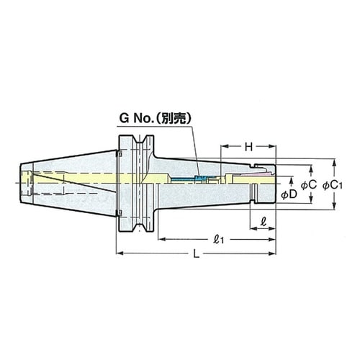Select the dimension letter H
click(x=249, y=147)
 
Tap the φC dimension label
click(x=309, y=184)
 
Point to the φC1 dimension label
click(x=333, y=185)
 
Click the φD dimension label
click(x=289, y=194)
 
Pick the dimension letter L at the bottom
click(x=197, y=253)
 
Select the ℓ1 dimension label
click(x=218, y=240)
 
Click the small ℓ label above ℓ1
click(x=264, y=222)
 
